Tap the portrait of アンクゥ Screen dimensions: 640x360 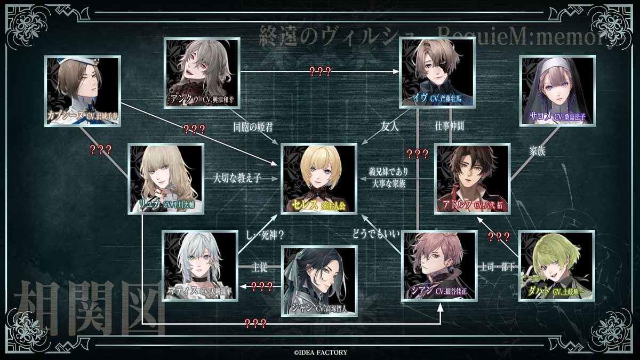[201, 73]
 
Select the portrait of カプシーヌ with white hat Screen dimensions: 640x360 [82, 91]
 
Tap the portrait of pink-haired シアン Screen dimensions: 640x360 [438, 265]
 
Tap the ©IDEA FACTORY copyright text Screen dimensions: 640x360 [319, 352]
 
